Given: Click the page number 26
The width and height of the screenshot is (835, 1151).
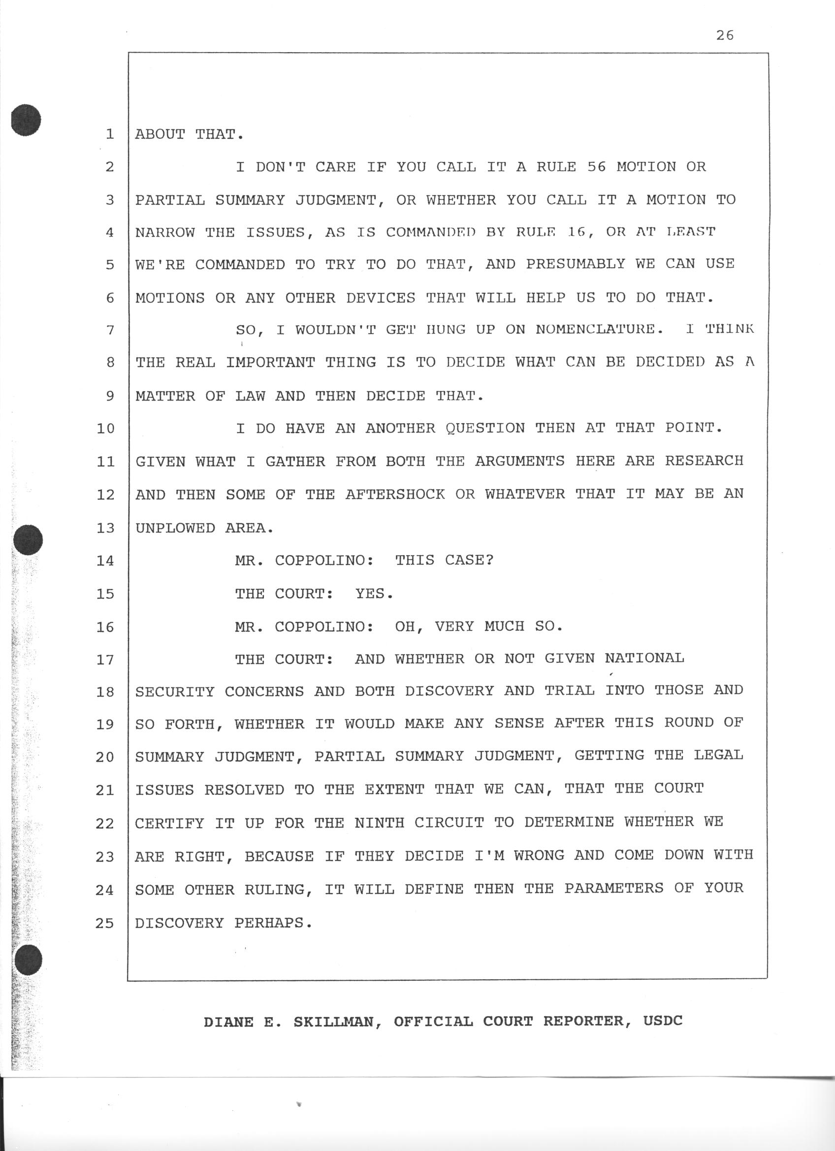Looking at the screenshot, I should point(724,35).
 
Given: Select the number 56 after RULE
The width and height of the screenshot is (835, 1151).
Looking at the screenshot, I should point(596,166).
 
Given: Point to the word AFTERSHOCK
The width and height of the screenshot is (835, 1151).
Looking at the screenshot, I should point(395,494).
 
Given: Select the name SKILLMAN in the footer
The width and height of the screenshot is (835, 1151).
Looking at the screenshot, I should point(338,1021).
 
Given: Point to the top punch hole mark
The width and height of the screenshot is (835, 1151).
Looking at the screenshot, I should point(26,120).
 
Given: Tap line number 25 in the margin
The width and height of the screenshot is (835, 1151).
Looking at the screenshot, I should point(104,923).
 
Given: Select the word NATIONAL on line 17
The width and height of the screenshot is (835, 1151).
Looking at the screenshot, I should point(644,658).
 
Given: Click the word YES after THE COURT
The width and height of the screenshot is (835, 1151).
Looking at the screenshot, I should point(374,593).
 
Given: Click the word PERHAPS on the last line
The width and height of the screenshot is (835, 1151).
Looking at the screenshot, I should point(273,922).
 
